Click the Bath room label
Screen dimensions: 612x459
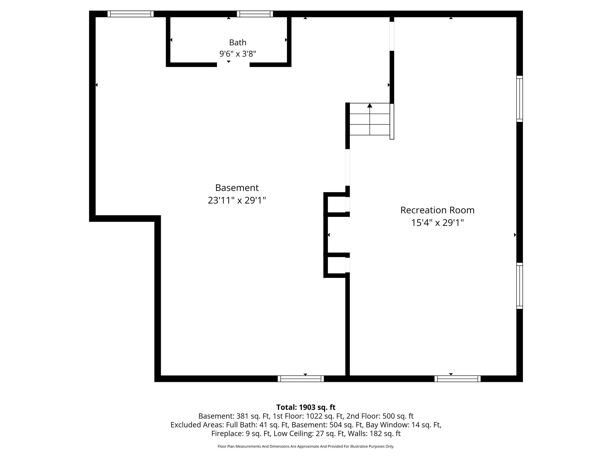[238, 42]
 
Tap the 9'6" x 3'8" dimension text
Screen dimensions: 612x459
[238, 54]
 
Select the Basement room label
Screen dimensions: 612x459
[237, 188]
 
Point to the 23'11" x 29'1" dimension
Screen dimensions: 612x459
[237, 200]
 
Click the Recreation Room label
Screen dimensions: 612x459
[437, 210]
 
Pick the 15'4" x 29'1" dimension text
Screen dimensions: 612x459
[437, 223]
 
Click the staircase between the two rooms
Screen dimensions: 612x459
[370, 119]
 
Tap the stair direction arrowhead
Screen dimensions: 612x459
[370, 105]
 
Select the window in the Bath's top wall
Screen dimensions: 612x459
[255, 14]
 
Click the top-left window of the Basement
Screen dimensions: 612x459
[131, 14]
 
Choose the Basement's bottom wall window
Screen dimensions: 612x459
[301, 379]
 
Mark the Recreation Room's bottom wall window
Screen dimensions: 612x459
[458, 379]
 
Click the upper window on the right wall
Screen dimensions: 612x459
[520, 99]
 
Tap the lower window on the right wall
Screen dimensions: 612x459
[520, 286]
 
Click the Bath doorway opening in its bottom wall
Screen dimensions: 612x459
[233, 65]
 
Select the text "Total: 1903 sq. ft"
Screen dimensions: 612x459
[306, 407]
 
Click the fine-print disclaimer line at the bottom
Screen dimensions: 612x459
[306, 446]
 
